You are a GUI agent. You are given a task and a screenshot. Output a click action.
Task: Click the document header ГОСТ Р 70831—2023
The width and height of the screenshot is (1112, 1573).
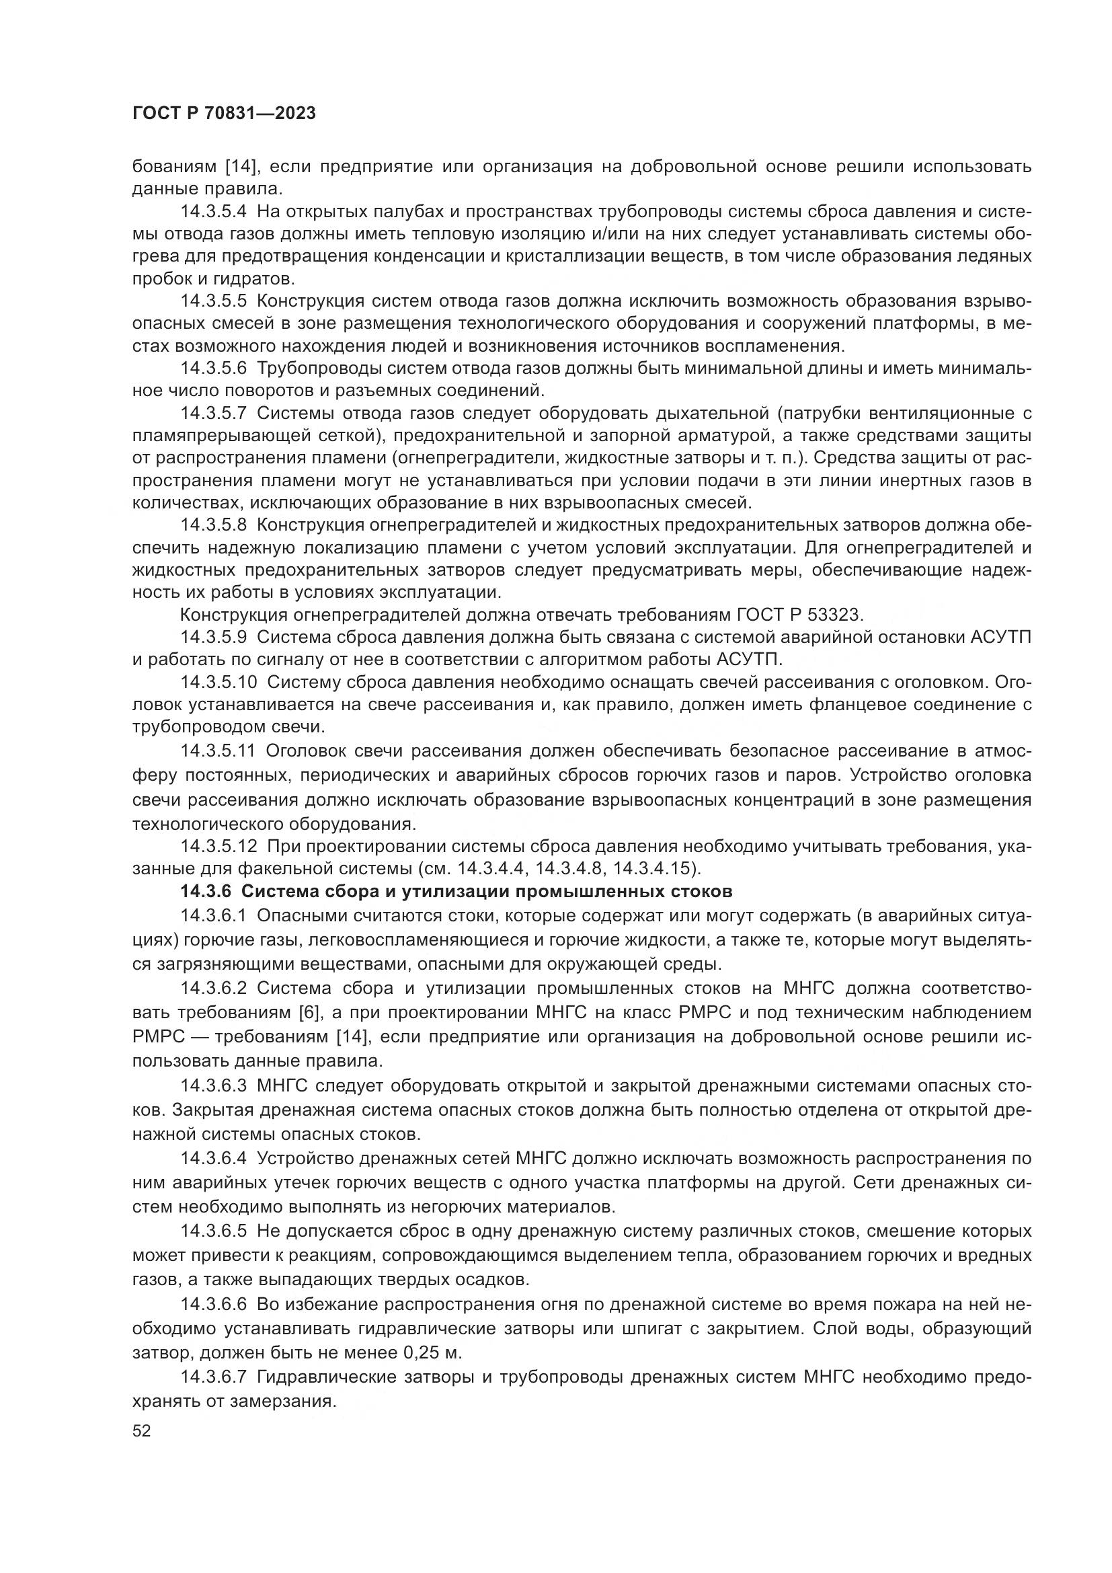coord(224,114)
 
